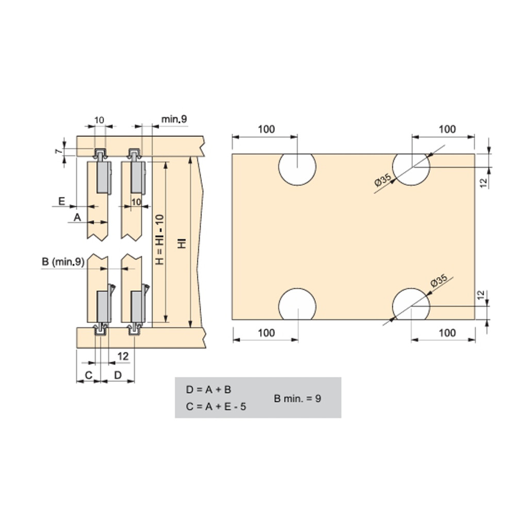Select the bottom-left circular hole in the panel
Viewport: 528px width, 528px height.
[297, 304]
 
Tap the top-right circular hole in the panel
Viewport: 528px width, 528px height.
[411, 169]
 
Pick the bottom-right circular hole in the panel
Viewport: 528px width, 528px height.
[411, 304]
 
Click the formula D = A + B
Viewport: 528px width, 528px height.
[208, 390]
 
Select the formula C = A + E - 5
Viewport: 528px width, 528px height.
[216, 406]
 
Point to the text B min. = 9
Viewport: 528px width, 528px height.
[298, 399]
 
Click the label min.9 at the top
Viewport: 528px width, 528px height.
[174, 119]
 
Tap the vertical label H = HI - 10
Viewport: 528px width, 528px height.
[160, 239]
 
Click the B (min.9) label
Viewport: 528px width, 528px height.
[63, 261]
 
